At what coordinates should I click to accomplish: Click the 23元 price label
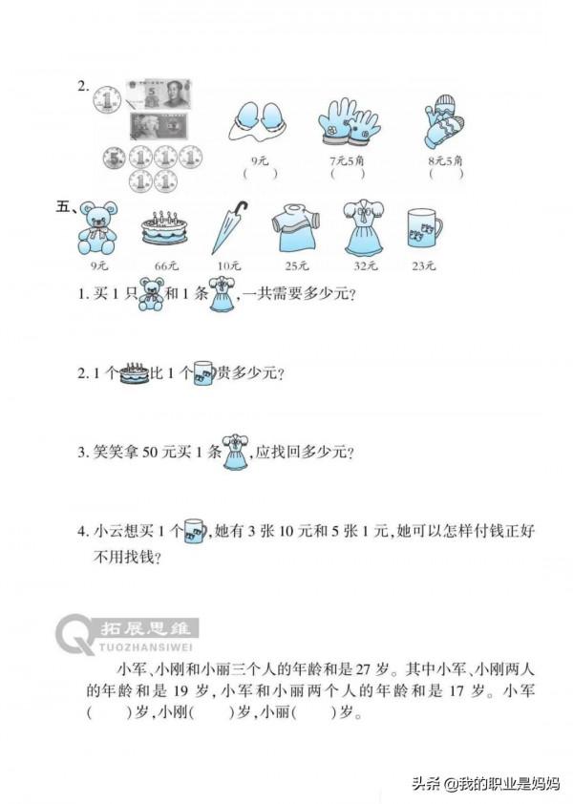coord(423,265)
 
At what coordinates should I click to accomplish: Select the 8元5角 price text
coord(445,161)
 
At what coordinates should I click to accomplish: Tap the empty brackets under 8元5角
coord(446,175)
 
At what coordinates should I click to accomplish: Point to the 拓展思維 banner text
coord(148,628)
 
